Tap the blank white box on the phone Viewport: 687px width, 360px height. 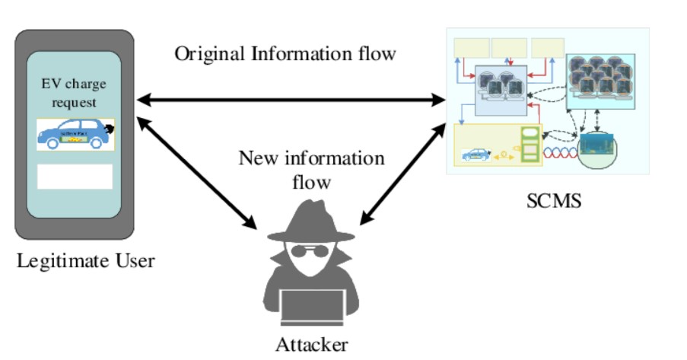[x=75, y=176]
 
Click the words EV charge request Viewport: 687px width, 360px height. [x=75, y=92]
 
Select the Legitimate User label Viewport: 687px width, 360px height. [x=85, y=262]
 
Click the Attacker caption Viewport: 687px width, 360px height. [x=312, y=343]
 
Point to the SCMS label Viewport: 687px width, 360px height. [x=554, y=202]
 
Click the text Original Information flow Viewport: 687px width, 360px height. [x=285, y=54]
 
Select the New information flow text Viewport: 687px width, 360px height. [x=311, y=170]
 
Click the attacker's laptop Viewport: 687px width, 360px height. [x=311, y=309]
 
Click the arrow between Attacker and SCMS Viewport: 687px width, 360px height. [x=401, y=172]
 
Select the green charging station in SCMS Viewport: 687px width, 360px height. [x=530, y=145]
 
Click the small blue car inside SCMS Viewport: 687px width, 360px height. [x=475, y=155]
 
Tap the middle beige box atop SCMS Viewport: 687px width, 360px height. [x=509, y=48]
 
